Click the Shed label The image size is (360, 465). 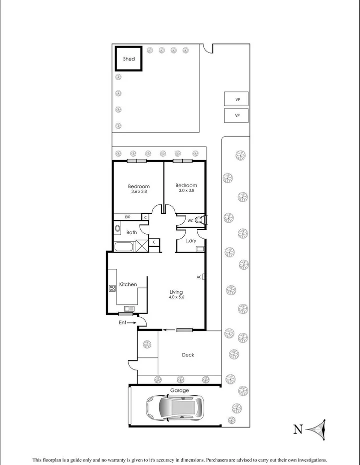point(129,59)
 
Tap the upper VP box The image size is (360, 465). point(238,99)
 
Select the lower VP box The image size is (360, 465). point(238,115)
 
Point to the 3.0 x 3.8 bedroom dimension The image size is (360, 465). point(186,190)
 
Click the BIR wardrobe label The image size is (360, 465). point(128,217)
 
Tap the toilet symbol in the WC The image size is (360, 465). point(199,220)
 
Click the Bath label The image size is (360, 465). point(132,232)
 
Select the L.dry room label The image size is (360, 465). point(191,241)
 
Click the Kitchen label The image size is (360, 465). point(128,284)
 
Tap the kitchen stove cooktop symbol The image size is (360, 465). point(112,287)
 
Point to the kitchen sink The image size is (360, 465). point(128,309)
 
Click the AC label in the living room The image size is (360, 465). point(199,276)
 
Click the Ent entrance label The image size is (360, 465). point(122,323)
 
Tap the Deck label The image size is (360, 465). point(188,355)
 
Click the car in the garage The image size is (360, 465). point(175,407)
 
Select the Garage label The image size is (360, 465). point(179,390)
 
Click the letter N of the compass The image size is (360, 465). point(298,429)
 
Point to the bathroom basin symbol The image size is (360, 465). point(118,229)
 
